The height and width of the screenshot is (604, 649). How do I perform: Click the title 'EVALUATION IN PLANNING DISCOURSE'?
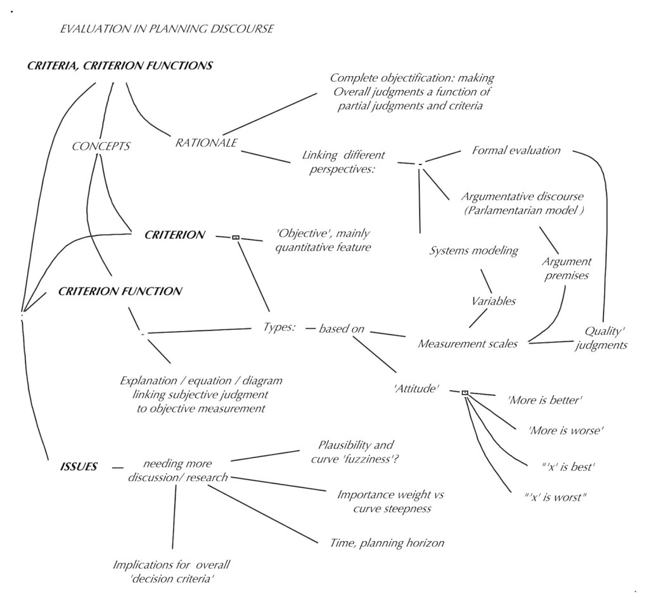point(167,29)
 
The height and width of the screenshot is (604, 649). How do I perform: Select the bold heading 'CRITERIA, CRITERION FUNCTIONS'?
point(120,65)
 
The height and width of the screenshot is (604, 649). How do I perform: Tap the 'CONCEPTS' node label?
point(101,146)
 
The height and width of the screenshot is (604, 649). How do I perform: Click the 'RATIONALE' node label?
point(206,143)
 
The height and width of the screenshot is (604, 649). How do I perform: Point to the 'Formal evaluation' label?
point(517,150)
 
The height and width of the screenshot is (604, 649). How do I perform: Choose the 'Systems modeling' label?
point(474,251)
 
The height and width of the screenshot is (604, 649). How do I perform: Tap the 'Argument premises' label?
point(567,269)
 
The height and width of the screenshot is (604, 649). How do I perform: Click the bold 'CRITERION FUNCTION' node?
point(120,292)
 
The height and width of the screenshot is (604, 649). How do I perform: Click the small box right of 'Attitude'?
point(465,393)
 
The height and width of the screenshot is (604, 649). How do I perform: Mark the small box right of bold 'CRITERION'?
point(236,237)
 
